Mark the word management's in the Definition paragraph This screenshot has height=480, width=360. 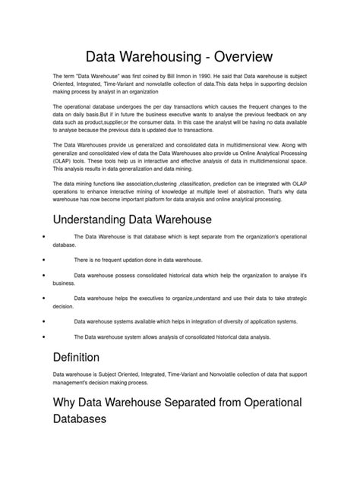pos(70,384)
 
